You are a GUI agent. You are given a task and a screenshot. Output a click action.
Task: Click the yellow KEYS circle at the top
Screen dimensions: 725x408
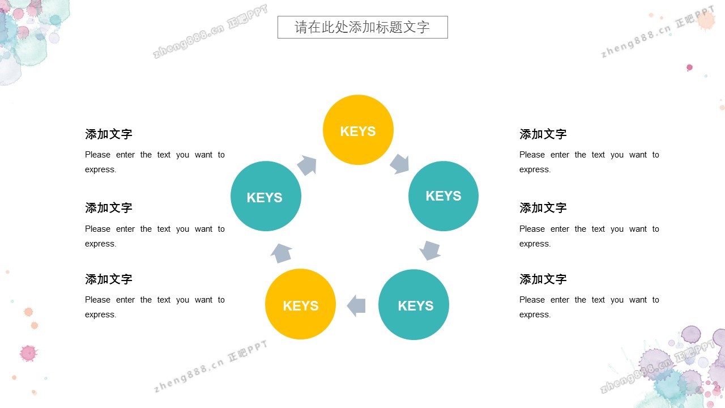358,130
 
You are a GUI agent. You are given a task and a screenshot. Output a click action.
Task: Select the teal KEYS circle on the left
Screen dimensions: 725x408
266,196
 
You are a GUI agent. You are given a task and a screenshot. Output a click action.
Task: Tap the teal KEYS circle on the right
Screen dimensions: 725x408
443,196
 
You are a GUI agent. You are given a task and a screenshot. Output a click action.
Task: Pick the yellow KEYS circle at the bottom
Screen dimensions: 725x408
300,304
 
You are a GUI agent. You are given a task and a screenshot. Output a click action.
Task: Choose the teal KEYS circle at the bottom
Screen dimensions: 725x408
413,304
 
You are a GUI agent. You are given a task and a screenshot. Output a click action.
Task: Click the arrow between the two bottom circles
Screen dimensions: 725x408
356,305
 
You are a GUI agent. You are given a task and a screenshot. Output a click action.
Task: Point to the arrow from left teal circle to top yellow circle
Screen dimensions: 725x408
307,165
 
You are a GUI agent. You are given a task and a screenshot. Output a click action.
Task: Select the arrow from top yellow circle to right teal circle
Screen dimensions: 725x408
399,164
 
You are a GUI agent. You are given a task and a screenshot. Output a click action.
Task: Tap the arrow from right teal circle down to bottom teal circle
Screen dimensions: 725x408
430,250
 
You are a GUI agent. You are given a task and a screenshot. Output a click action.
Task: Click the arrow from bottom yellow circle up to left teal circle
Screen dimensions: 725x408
282,253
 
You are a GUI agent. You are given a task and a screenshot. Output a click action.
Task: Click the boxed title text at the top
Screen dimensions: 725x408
362,27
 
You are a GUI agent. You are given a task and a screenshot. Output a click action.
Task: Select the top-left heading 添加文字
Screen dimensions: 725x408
109,134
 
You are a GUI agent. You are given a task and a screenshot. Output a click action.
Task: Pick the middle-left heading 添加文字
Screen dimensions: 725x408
109,208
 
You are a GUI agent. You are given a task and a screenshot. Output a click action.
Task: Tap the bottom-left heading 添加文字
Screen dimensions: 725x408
109,279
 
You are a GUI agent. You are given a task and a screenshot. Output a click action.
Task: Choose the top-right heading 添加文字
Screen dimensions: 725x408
543,134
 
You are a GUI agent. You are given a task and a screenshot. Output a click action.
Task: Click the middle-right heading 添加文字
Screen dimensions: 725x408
543,208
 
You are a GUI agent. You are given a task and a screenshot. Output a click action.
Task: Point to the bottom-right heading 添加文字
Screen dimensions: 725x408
543,279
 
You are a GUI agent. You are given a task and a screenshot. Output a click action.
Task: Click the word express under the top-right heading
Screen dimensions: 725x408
534,170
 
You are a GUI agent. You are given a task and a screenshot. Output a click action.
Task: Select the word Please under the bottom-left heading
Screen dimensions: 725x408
97,300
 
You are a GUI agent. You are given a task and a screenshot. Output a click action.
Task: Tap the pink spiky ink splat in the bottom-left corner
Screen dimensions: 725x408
28,353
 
